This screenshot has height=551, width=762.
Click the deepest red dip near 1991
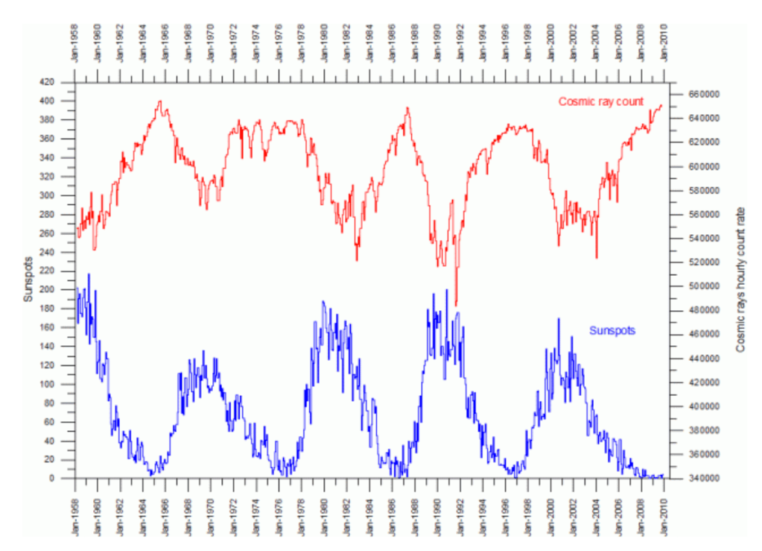(455, 304)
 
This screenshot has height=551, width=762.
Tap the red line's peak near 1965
(160, 101)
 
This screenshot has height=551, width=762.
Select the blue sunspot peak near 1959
(89, 274)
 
